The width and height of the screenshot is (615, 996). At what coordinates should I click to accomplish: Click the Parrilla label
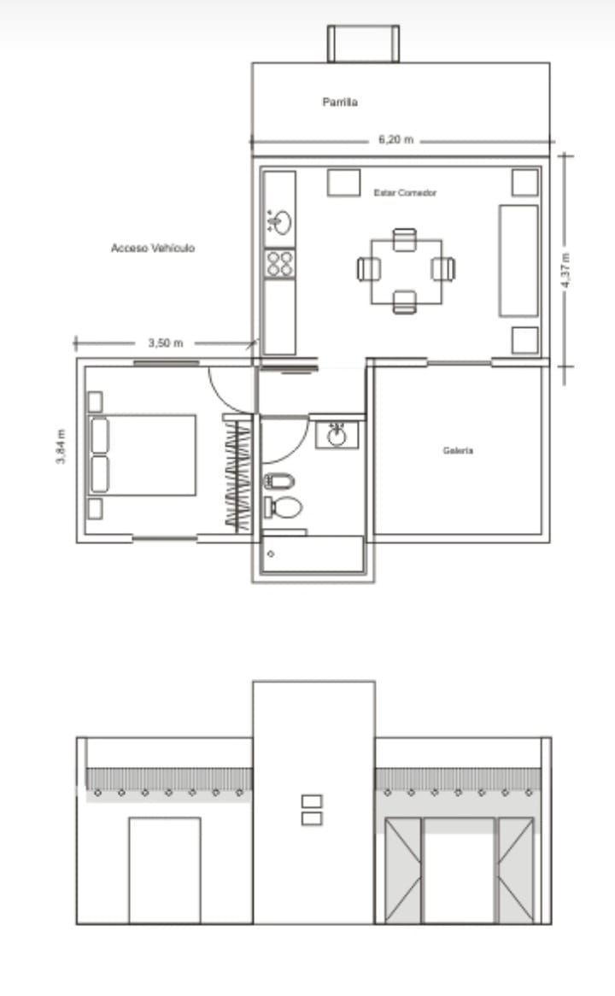click(x=340, y=102)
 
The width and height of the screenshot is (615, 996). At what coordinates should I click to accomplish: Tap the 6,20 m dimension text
click(x=395, y=139)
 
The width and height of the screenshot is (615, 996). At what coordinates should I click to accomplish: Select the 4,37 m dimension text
click(x=565, y=270)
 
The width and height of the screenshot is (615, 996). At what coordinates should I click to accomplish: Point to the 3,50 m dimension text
click(x=165, y=343)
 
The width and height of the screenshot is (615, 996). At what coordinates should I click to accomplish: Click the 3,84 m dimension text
click(x=61, y=447)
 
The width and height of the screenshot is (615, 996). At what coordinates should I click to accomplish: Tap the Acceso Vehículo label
click(x=153, y=248)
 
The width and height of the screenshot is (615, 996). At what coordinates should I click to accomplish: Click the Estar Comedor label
click(x=406, y=192)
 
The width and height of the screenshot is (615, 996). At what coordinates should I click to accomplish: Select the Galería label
click(x=458, y=450)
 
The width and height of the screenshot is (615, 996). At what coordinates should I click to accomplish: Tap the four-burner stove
click(x=279, y=264)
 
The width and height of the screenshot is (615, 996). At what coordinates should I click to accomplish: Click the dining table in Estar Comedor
click(x=407, y=272)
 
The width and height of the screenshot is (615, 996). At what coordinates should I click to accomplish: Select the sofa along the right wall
click(x=518, y=261)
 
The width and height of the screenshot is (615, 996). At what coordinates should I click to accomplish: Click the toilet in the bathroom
click(x=284, y=507)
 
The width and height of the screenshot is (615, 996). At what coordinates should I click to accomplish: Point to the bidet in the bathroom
click(x=279, y=482)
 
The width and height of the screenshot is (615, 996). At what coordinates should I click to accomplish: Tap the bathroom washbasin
click(x=337, y=435)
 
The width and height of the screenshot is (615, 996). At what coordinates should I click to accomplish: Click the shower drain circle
click(x=271, y=554)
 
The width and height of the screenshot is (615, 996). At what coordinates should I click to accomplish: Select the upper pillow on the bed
click(x=100, y=435)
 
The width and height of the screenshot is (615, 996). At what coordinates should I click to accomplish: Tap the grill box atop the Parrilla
click(x=363, y=44)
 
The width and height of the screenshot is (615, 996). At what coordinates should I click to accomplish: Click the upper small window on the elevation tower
click(x=312, y=801)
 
